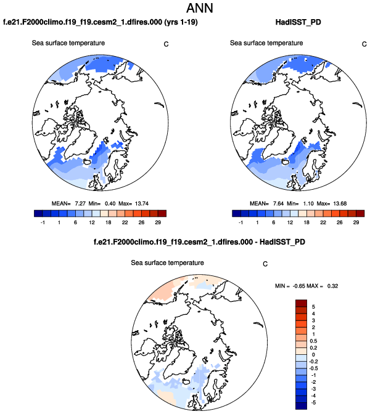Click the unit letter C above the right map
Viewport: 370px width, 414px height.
click(363, 44)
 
